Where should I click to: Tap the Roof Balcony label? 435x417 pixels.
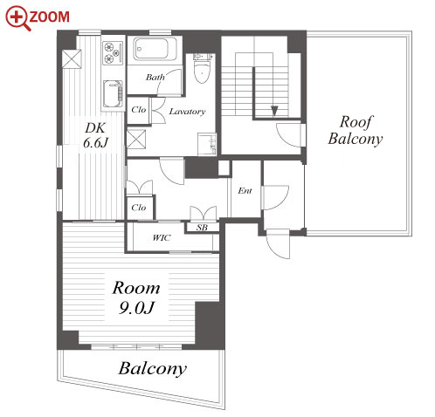click(356, 130)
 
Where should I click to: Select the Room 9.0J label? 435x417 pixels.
click(136, 297)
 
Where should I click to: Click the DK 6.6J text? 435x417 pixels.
click(95, 135)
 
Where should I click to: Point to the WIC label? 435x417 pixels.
click(162, 238)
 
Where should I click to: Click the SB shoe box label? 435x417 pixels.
click(202, 228)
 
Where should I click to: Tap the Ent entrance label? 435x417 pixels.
click(245, 191)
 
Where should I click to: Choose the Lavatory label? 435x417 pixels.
click(187, 112)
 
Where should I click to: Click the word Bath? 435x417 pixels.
click(155, 77)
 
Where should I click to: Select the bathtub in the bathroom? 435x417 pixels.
click(155, 49)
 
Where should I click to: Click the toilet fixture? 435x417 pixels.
click(202, 68)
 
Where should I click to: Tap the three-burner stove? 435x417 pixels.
click(113, 52)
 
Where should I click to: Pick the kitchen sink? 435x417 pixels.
click(113, 93)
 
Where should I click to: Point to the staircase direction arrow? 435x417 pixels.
click(274, 111)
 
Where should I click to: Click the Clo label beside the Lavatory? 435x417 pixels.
click(138, 110)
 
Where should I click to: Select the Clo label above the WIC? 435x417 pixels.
click(138, 208)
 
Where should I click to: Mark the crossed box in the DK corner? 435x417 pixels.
click(72, 59)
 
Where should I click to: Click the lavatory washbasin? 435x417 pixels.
click(207, 144)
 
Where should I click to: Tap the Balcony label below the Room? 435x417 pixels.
click(153, 369)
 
